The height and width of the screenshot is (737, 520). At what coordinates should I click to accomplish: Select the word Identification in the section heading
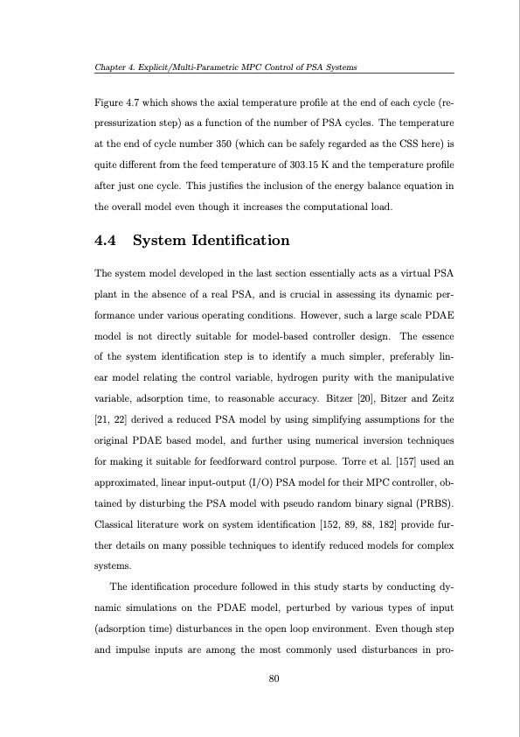coord(240,239)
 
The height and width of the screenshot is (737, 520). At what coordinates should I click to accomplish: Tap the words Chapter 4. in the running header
coord(115,68)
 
